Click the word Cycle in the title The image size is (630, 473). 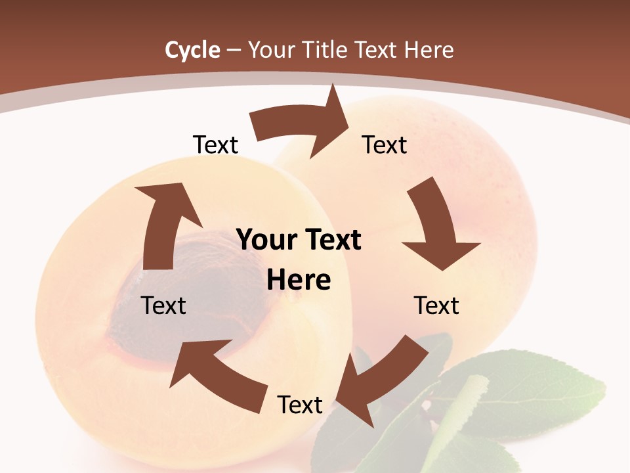(x=192, y=50)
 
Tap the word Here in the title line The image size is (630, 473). (x=429, y=50)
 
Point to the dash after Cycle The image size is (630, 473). (x=234, y=51)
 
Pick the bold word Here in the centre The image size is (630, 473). (x=299, y=280)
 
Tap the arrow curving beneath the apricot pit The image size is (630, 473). (x=217, y=374)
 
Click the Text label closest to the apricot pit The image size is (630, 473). (x=163, y=305)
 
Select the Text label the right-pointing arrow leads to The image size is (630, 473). (x=385, y=145)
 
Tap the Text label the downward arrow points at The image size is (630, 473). (x=436, y=305)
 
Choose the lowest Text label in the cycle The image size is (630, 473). (x=300, y=405)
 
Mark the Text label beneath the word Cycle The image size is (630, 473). (x=215, y=145)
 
